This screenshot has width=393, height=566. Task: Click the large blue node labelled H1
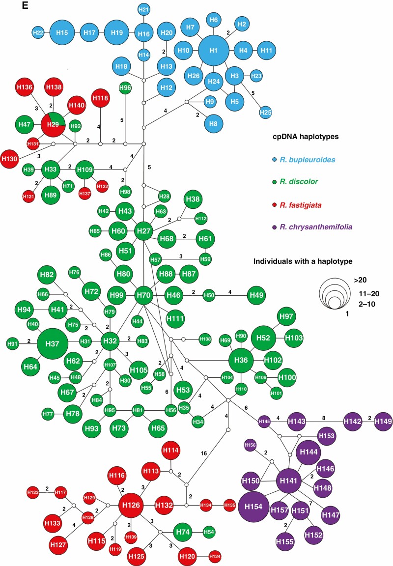tap(214, 51)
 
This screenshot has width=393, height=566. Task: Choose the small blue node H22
tap(38, 32)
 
